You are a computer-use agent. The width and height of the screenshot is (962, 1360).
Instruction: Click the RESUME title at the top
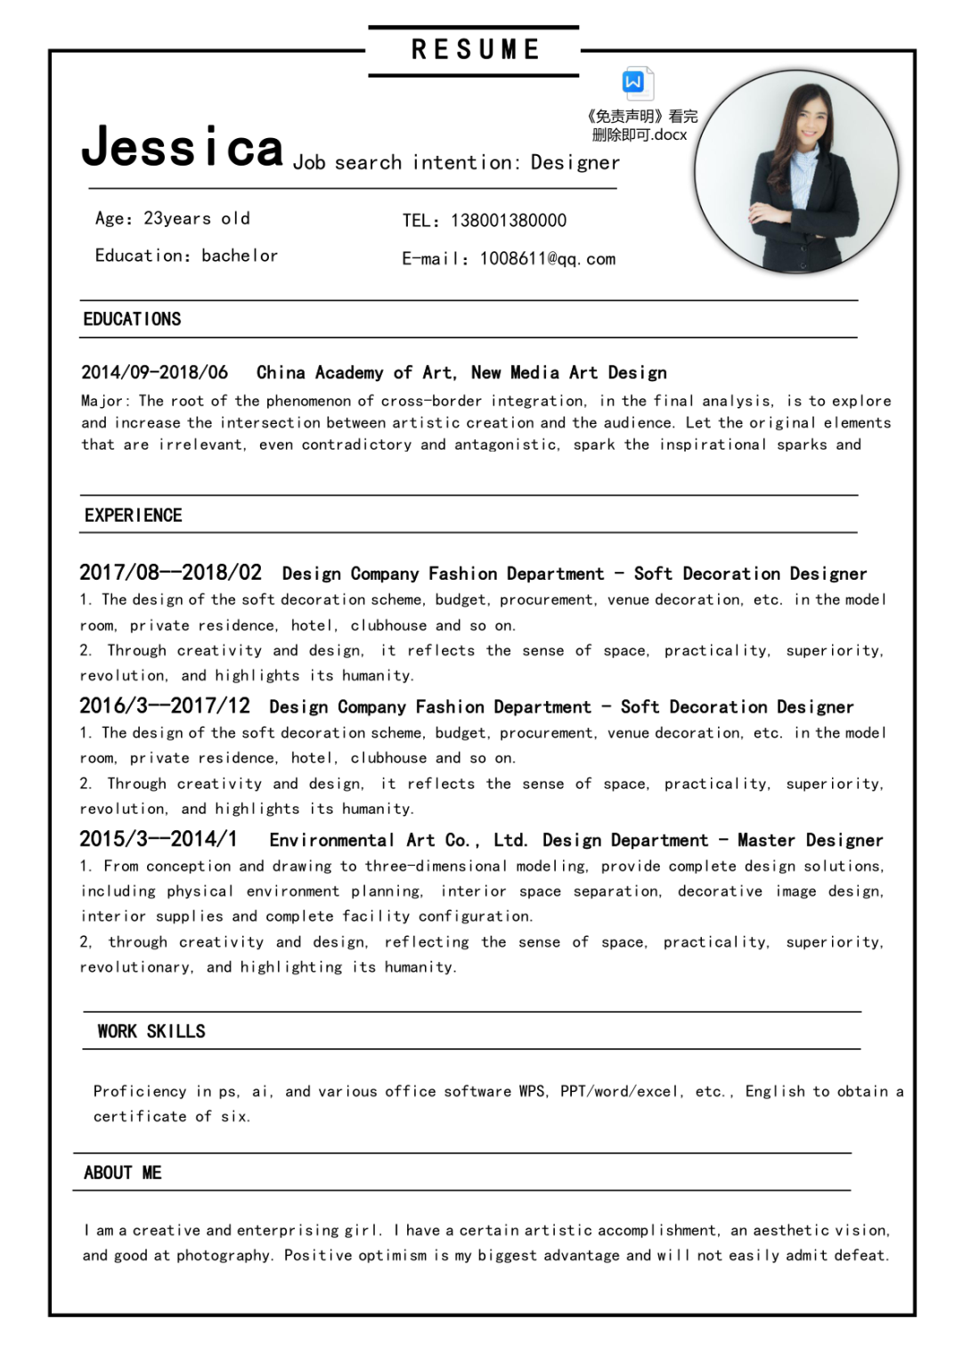click(x=475, y=50)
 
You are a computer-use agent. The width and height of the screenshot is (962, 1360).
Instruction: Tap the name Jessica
click(x=183, y=148)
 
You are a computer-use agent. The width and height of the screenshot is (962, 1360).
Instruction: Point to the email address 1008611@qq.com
click(x=547, y=259)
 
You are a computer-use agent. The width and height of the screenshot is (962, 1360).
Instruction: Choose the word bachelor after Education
click(x=240, y=257)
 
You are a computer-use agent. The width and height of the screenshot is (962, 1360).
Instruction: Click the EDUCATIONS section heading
click(x=132, y=320)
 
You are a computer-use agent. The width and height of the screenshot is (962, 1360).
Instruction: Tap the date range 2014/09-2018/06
click(x=154, y=372)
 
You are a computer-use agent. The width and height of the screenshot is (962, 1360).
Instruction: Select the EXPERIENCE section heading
click(x=134, y=516)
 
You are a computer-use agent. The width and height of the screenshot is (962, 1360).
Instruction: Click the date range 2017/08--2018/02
click(x=170, y=573)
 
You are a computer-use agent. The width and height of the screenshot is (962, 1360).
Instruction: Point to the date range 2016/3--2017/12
click(x=165, y=706)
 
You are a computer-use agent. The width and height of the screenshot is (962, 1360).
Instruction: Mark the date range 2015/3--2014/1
click(x=159, y=839)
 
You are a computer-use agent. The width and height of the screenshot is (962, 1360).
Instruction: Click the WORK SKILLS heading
click(x=151, y=1031)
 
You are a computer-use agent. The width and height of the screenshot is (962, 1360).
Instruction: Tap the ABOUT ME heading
click(x=123, y=1173)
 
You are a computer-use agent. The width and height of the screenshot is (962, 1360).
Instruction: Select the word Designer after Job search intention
click(x=575, y=163)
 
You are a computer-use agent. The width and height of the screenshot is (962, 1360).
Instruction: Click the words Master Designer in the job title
click(x=810, y=840)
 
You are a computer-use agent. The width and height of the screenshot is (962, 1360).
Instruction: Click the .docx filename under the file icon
click(x=640, y=135)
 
